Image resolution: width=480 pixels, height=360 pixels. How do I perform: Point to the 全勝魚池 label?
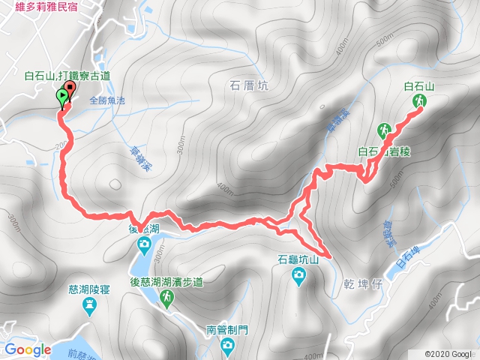point(109,99)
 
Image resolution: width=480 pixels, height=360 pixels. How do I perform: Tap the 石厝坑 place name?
point(245,85)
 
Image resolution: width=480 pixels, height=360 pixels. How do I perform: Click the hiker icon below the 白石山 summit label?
point(418,101)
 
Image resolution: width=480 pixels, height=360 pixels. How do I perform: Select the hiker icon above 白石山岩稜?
point(385,130)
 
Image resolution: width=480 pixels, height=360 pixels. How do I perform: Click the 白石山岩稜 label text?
point(385,151)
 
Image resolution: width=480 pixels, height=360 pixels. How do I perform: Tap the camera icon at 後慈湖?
point(143,244)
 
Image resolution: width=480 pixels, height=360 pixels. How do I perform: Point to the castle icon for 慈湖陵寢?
point(91,304)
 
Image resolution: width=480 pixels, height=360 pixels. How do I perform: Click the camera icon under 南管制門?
point(228,345)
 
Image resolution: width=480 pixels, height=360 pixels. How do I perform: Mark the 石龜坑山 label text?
point(298,260)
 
